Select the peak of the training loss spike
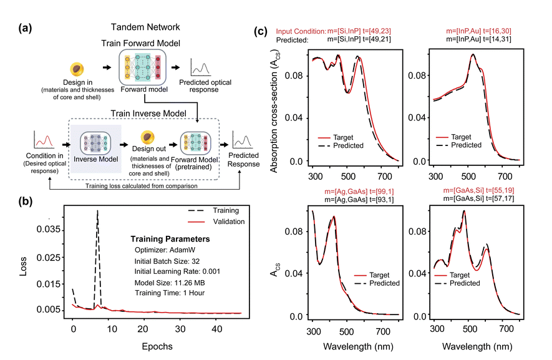97,211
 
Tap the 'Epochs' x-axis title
153,344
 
